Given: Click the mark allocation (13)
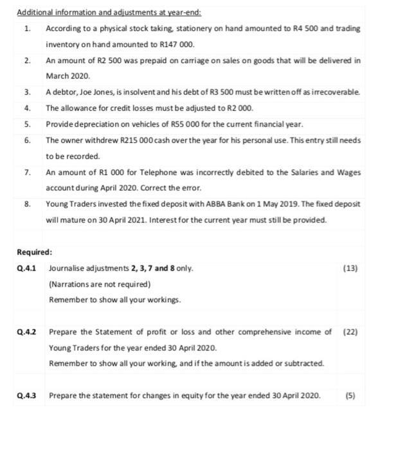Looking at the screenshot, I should pyautogui.click(x=351, y=268).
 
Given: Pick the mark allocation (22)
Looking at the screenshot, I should pyautogui.click(x=351, y=332).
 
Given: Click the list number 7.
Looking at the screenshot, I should pyautogui.click(x=27, y=172).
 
